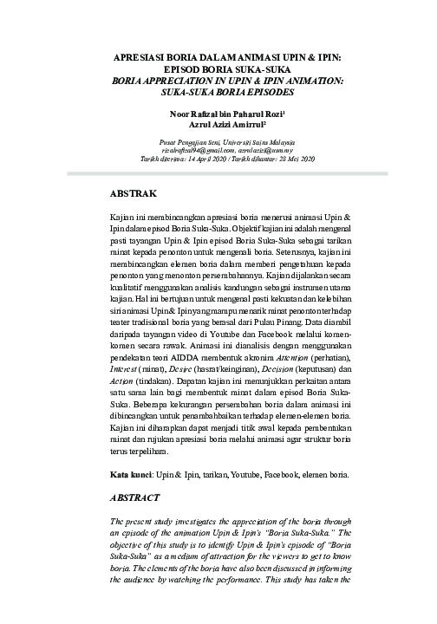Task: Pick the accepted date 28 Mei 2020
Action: point(292,159)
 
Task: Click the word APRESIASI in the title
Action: point(144,58)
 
